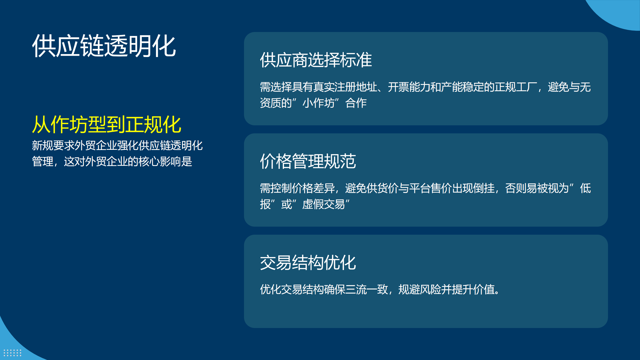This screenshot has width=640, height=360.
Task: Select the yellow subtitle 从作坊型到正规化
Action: (x=107, y=124)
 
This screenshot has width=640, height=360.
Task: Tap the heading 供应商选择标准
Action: (x=316, y=60)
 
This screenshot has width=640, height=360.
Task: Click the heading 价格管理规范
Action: (x=308, y=161)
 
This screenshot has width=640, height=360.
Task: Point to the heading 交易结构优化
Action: (x=308, y=263)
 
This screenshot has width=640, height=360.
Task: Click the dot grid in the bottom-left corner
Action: (x=12, y=353)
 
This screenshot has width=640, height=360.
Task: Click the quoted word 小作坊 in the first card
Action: (x=318, y=103)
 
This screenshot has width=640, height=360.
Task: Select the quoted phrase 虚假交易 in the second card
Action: (x=324, y=204)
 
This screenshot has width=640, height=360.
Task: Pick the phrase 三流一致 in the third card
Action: (x=366, y=289)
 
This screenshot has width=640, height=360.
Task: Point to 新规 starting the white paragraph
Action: (x=42, y=145)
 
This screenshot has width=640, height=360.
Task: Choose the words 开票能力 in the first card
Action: (x=409, y=87)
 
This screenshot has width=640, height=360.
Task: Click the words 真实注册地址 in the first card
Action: (x=345, y=87)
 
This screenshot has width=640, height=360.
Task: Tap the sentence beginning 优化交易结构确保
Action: (x=380, y=289)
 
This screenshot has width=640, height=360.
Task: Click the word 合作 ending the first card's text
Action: (x=356, y=103)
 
